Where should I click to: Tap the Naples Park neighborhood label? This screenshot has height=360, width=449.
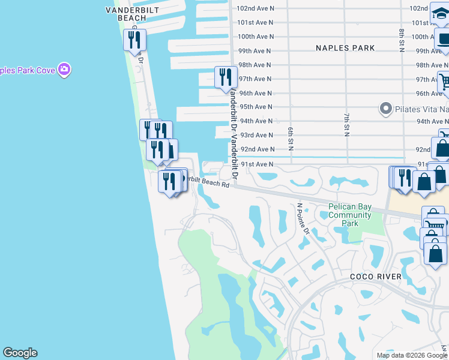click(345, 48)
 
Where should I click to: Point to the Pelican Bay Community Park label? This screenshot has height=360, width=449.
click(350, 215)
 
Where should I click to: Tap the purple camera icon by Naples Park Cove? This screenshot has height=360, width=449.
click(64, 70)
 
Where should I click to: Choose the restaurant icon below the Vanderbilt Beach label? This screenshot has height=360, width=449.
click(134, 40)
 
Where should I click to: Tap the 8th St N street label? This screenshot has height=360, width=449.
click(401, 40)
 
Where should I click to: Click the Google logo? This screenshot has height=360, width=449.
click(20, 353)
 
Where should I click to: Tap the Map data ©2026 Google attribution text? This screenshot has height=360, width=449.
click(412, 355)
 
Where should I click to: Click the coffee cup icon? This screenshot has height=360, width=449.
click(443, 40)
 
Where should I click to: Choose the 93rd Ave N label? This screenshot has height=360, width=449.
click(256, 135)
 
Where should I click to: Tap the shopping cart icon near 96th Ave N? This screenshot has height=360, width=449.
click(445, 82)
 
